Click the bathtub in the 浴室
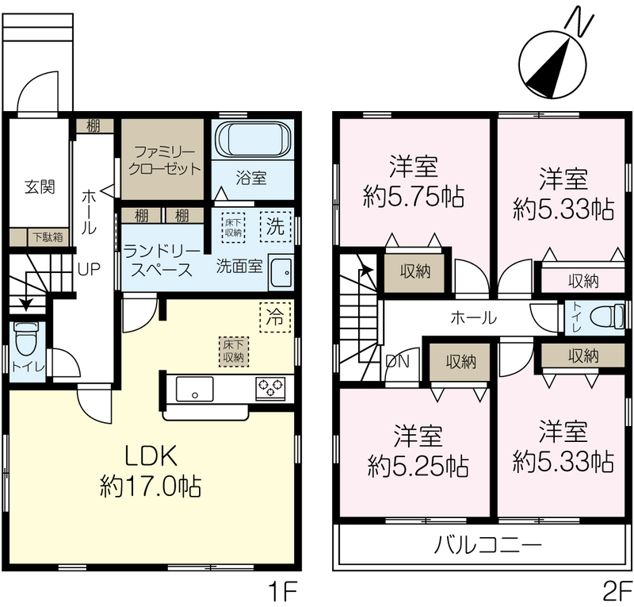pyautogui.click(x=253, y=139)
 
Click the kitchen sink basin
pyautogui.click(x=194, y=389)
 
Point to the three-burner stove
pyautogui.click(x=270, y=388)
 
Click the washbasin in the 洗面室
pyautogui.click(x=281, y=273)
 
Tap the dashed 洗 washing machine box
pyautogui.click(x=276, y=227)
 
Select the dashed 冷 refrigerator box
pyautogui.click(x=275, y=317)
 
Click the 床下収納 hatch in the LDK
pyautogui.click(x=234, y=352)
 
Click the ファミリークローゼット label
pyautogui.click(x=164, y=160)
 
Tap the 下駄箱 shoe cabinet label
pyautogui.click(x=48, y=237)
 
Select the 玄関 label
pyautogui.click(x=40, y=187)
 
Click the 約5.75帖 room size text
pyautogui.click(x=414, y=197)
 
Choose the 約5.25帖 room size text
pyautogui.click(x=418, y=466)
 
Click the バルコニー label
pyautogui.click(x=487, y=545)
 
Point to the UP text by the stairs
pyautogui.click(x=89, y=268)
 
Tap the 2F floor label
pyautogui.click(x=617, y=592)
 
